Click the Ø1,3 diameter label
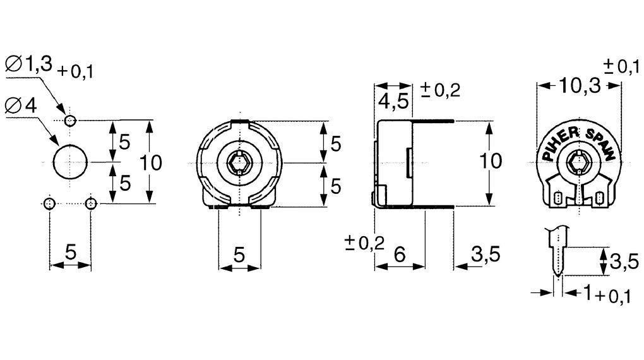tap(29, 64)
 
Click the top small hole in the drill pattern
tap(70, 120)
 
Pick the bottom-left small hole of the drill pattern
tap(49, 203)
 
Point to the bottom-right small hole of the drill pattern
tap(91, 203)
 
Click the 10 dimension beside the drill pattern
tap(151, 163)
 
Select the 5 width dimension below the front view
tap(239, 255)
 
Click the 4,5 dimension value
tap(393, 101)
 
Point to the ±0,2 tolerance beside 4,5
tap(440, 90)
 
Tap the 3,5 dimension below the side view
tap(486, 255)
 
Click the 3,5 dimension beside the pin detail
tap(623, 260)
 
